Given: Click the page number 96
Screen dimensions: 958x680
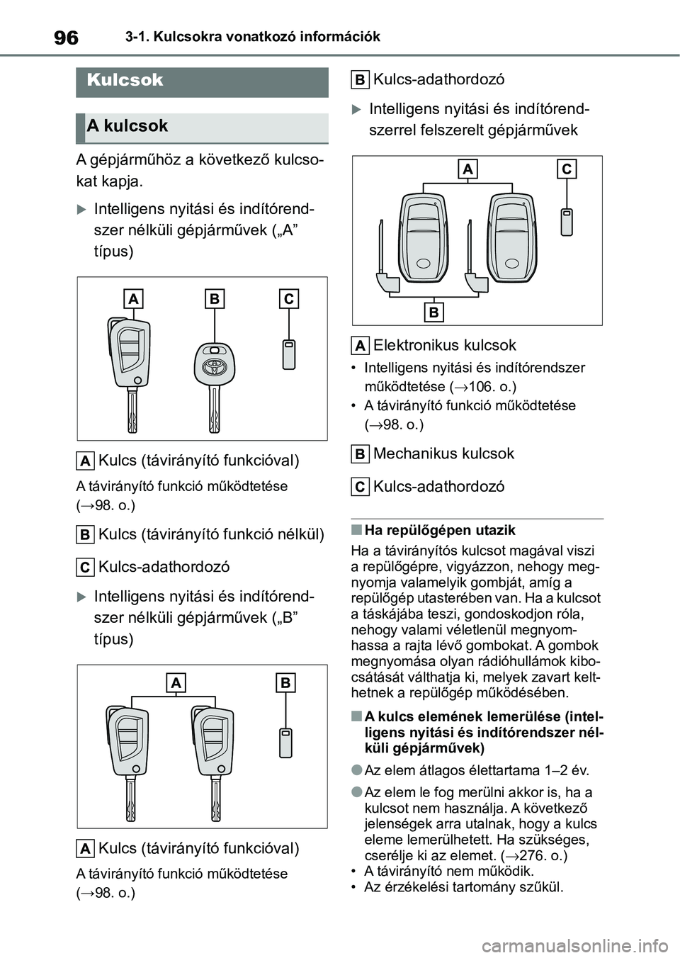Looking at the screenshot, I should pos(66,38).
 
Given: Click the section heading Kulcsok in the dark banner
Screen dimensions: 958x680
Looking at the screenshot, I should pos(125,80).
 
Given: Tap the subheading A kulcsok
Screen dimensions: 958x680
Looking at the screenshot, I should pos(127,126).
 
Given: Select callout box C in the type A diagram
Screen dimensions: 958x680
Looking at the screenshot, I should pos(288,299).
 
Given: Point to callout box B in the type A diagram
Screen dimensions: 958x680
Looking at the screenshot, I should pos(214,299).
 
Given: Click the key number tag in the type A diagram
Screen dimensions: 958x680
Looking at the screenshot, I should pos(288,354).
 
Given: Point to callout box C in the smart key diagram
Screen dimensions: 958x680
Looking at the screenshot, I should pos(567,169).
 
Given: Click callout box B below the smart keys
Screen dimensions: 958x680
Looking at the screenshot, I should pos(433,312).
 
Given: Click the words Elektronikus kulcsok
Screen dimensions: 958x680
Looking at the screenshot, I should pos(445,345).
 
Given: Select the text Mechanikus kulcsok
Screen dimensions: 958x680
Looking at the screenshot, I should pos(443,453).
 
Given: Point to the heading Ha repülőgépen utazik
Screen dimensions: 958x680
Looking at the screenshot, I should pos(439,530).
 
